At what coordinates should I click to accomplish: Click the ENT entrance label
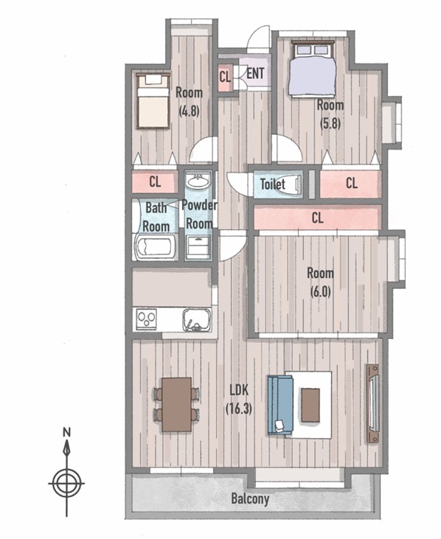255,73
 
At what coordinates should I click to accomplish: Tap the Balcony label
250,498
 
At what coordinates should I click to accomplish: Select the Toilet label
273,184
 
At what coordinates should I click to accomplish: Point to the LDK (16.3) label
239,399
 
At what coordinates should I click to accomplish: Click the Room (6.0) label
320,282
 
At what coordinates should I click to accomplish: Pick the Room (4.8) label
189,102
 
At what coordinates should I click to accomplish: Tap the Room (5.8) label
330,114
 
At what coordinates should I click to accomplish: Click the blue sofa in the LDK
280,406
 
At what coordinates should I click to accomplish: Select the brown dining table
177,404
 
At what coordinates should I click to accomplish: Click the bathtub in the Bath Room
156,247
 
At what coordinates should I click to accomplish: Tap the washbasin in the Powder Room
198,181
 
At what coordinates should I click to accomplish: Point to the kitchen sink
197,320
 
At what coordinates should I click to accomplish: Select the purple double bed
312,69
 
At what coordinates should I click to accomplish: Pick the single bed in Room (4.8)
153,101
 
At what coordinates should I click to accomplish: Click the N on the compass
66,432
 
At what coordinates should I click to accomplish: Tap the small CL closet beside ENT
226,77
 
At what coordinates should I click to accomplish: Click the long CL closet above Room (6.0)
317,218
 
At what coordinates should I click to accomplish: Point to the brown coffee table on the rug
310,405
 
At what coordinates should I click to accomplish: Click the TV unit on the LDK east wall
372,403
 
